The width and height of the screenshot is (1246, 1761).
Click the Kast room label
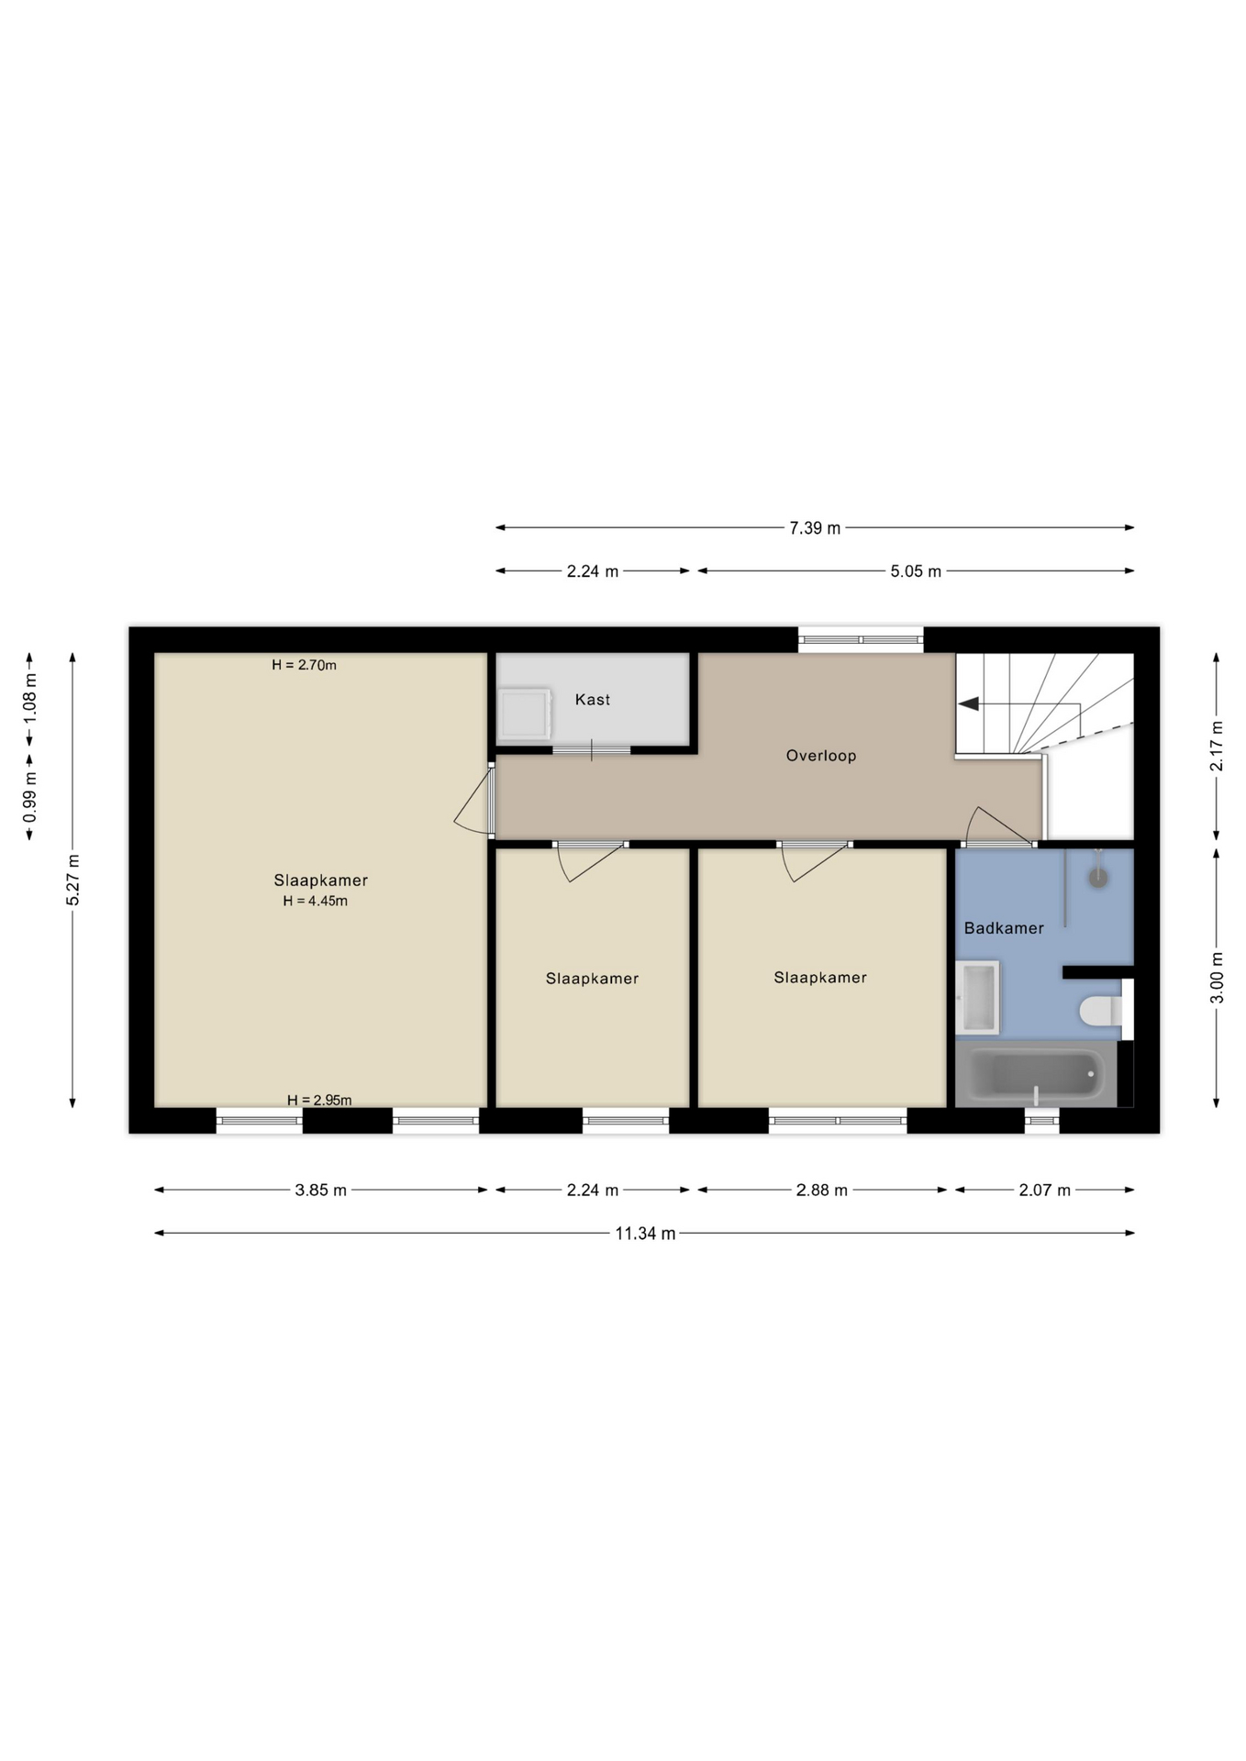(x=592, y=700)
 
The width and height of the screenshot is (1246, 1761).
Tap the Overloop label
(x=821, y=756)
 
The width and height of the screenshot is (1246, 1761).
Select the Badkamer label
(x=1004, y=928)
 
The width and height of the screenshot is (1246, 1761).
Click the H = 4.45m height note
(x=315, y=902)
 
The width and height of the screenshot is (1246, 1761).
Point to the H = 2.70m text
(x=304, y=665)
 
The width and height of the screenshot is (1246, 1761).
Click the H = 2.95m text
(x=319, y=1101)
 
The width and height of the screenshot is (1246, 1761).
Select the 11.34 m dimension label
(x=645, y=1234)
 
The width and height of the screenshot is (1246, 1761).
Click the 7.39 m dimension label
(x=815, y=528)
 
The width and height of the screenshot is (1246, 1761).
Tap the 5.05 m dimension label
(x=916, y=571)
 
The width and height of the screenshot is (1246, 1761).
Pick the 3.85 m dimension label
(x=320, y=1191)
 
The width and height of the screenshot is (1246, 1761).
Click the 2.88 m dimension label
(x=821, y=1191)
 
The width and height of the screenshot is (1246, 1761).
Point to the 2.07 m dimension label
(x=1044, y=1191)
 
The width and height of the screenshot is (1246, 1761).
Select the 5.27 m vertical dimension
(x=73, y=880)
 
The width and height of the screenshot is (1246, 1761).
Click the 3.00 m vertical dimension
(x=1218, y=978)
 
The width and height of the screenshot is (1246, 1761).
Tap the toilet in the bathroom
(x=1100, y=1011)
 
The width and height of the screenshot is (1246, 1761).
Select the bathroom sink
(x=977, y=997)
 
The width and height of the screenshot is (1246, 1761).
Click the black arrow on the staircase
(x=968, y=703)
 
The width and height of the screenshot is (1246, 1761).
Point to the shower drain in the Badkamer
(x=1098, y=878)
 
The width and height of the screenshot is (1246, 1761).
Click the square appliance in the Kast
(x=524, y=714)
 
